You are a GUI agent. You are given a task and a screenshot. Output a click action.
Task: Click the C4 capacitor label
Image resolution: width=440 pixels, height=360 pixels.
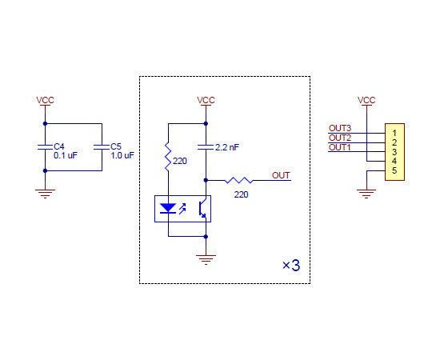59,146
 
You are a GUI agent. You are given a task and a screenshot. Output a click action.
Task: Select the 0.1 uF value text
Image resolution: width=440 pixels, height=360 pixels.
66,155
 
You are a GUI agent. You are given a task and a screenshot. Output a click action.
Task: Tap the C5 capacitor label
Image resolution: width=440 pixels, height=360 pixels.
116,146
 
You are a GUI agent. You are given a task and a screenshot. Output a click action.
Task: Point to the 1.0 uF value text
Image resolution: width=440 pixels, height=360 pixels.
122,155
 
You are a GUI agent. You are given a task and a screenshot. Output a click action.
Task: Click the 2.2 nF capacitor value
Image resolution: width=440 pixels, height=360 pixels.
227,147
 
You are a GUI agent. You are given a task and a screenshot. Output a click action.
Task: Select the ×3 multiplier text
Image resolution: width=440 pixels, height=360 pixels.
291,265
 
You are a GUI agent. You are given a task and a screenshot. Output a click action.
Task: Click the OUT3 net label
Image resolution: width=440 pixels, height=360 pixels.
340,128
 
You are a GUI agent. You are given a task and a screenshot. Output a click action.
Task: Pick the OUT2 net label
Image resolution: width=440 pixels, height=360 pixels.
340,138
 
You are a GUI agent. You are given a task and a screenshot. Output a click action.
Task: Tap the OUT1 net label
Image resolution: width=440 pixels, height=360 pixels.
340,147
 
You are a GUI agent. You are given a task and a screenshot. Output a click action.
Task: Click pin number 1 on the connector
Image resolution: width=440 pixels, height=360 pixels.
394,133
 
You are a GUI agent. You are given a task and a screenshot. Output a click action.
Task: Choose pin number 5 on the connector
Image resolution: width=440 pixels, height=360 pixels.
394,170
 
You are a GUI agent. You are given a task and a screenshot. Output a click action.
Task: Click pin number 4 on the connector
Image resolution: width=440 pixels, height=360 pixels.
394,161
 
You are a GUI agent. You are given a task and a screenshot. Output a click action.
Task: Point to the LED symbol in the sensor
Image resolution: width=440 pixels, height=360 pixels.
168,209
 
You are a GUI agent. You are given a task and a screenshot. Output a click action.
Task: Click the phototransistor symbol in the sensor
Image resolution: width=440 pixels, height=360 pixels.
202,209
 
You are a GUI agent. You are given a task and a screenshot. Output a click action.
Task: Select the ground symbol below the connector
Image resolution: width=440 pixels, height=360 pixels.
366,194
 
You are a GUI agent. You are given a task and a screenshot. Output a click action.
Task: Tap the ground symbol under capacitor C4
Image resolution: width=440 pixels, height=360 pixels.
45,194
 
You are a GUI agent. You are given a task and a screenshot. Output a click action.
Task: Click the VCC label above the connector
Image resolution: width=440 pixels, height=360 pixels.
366,100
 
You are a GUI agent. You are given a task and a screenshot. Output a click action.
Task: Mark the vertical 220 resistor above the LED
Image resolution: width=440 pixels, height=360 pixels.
168,157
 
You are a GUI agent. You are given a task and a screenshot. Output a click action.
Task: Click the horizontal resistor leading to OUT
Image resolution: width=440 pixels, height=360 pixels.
238,180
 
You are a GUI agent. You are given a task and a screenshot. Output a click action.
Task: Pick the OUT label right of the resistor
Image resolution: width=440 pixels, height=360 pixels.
281,175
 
